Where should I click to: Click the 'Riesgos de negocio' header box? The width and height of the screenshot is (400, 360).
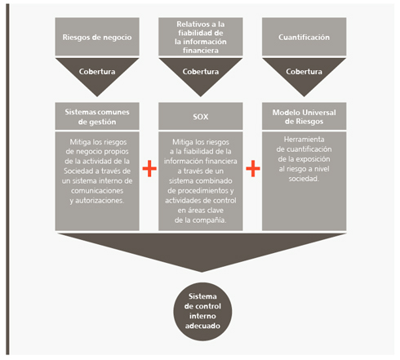(x=97, y=37)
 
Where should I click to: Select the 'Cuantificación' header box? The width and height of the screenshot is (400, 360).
(x=304, y=37)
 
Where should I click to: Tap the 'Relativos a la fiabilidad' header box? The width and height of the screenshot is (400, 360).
(x=201, y=37)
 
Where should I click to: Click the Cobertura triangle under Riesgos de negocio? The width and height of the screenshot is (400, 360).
(x=97, y=73)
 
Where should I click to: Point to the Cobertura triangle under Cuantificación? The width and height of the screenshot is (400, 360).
(x=304, y=73)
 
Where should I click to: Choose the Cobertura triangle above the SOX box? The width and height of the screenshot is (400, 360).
(x=201, y=73)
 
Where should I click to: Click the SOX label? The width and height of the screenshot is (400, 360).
(x=201, y=117)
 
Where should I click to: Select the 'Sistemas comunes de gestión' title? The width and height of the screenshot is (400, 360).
(x=97, y=117)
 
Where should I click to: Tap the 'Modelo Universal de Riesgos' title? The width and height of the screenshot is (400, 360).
(x=304, y=117)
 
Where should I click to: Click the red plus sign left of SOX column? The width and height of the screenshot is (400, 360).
(x=149, y=168)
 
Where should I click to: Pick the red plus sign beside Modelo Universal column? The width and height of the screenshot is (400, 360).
(x=253, y=168)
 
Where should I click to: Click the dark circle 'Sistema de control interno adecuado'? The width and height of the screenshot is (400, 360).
(x=202, y=312)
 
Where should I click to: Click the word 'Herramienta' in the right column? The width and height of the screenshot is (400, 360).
(x=304, y=140)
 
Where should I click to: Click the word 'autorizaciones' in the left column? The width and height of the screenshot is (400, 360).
(x=100, y=201)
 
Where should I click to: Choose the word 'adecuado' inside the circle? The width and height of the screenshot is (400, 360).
(x=202, y=326)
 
